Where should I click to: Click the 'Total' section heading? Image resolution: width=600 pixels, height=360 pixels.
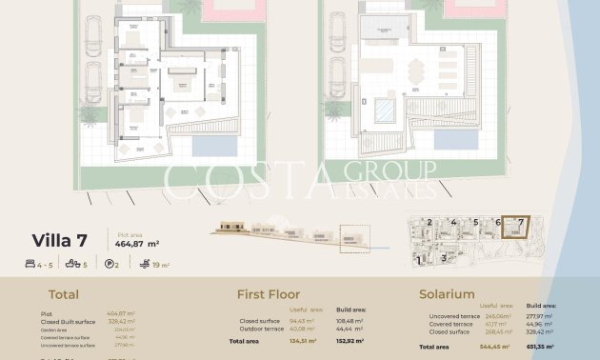point(63,295)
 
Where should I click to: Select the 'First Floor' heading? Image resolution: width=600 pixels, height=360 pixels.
point(268,295)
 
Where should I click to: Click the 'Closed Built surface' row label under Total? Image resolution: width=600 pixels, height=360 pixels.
point(69,322)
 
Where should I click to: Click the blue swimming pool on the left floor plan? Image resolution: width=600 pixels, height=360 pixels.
point(216,146)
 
